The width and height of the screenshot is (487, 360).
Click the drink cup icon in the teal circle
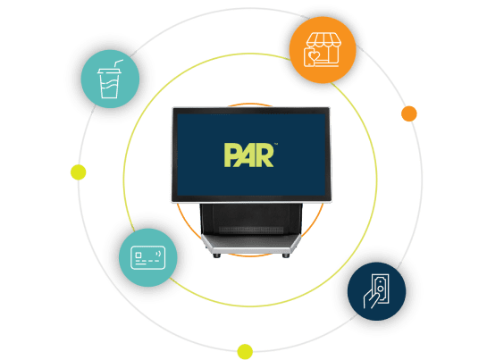[x=110, y=80]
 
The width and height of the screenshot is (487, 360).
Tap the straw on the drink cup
[x=118, y=63]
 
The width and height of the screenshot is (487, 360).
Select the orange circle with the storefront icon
[x=323, y=50]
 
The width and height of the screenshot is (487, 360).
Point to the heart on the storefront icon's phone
[x=314, y=56]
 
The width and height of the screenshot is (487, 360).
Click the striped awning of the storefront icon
[x=323, y=41]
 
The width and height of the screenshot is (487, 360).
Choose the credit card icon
[x=147, y=257]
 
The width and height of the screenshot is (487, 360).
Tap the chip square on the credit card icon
[x=139, y=255]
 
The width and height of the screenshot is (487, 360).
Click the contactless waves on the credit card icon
[x=159, y=254]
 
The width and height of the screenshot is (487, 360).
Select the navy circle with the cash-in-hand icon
[x=376, y=291]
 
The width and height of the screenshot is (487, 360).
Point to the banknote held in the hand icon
[x=381, y=289]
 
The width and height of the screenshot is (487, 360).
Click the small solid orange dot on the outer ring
[x=409, y=113]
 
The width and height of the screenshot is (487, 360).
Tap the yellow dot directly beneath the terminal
[x=245, y=352]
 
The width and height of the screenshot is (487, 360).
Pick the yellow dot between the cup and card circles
[x=79, y=172]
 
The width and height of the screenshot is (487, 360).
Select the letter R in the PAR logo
[x=264, y=155]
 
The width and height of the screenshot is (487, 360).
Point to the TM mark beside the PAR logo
[x=276, y=144]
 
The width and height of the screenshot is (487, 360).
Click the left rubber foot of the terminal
[x=217, y=255]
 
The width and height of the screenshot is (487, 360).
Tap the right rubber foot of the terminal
[x=286, y=255]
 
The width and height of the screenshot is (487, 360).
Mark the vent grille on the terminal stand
[x=251, y=230]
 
